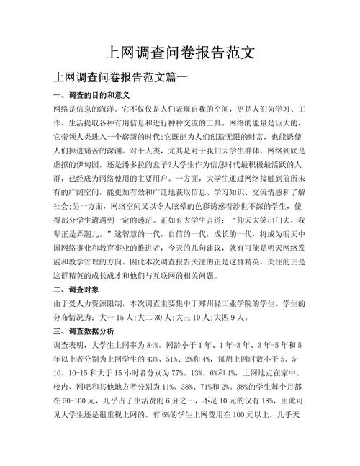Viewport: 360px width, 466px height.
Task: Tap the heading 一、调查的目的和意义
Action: (x=81, y=95)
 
